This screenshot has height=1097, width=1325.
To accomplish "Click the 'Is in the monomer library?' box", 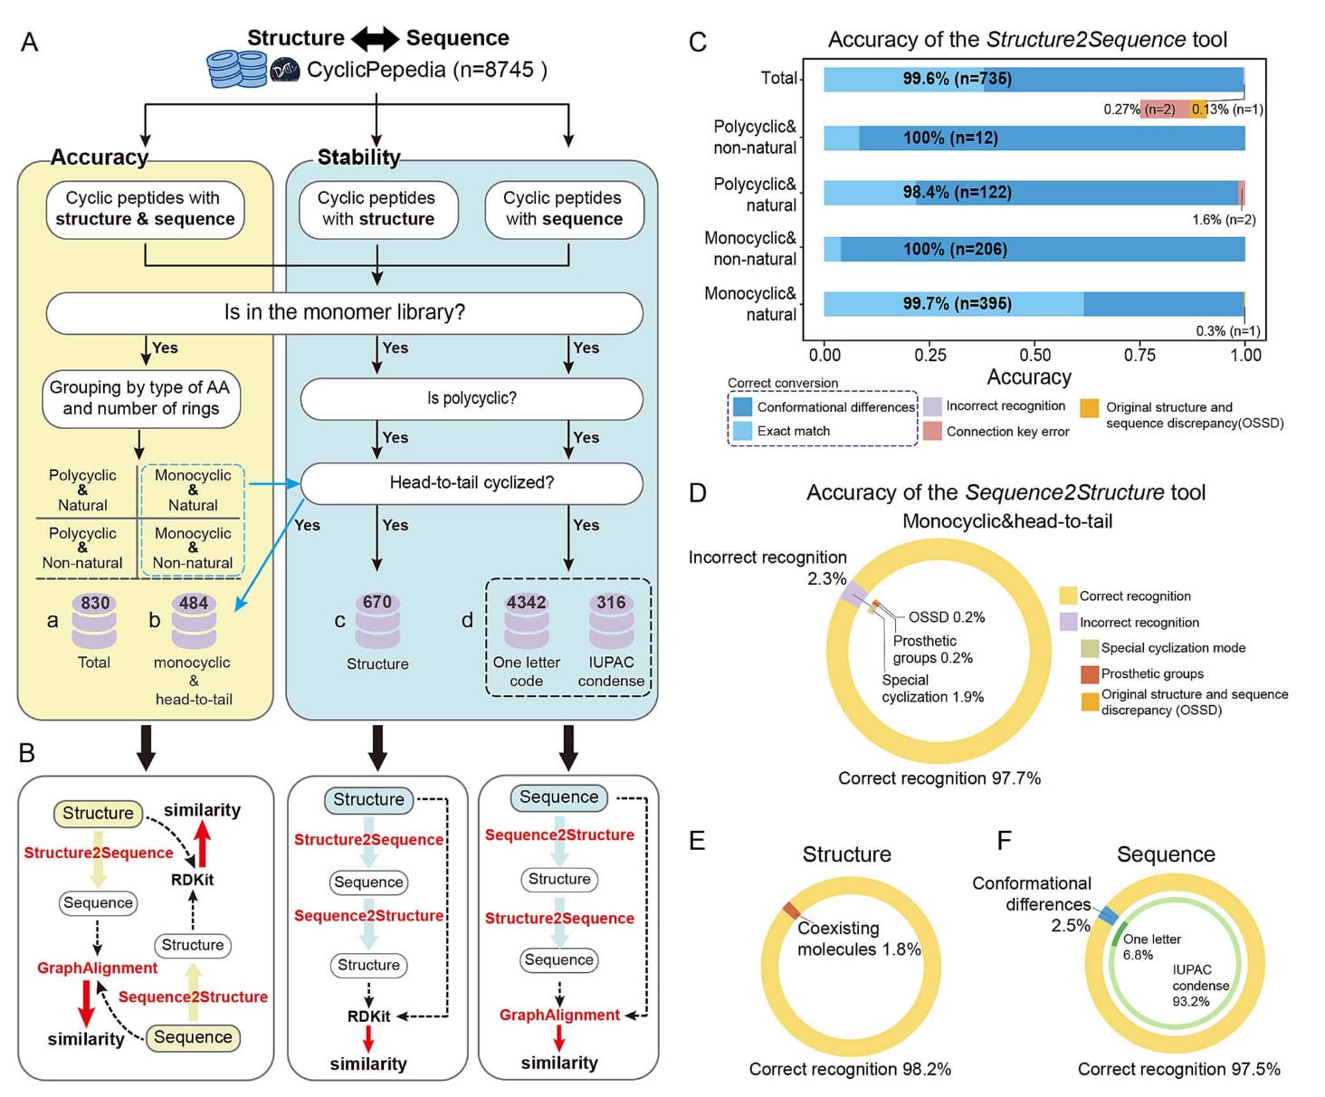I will click(344, 312).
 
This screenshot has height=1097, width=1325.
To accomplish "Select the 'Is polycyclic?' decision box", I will click(472, 398).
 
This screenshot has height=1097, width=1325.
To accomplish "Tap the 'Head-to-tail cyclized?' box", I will click(472, 482).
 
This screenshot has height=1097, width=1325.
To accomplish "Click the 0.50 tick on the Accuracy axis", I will click(1035, 355).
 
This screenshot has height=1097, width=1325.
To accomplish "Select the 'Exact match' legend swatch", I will click(743, 431).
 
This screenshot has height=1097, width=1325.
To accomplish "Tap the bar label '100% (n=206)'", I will click(955, 249).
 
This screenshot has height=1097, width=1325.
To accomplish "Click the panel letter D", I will click(698, 493).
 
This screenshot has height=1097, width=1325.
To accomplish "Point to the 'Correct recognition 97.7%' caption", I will click(939, 778).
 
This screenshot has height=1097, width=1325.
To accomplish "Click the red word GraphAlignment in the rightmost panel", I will click(559, 1015).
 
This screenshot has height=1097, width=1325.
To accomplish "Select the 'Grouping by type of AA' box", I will click(140, 398).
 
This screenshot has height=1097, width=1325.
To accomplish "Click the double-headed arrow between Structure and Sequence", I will click(375, 39).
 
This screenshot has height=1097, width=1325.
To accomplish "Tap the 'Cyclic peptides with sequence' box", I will click(564, 209).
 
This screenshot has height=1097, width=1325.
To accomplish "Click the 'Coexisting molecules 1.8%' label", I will click(858, 939).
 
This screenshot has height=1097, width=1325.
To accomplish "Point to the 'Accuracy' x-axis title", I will click(1029, 377).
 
